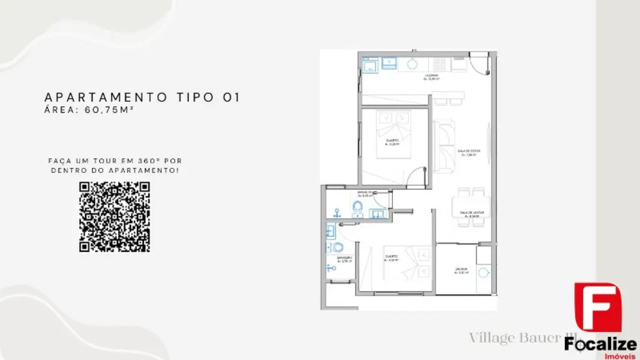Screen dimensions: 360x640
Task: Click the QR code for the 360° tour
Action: (115, 217)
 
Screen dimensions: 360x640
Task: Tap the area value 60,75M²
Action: (110, 110)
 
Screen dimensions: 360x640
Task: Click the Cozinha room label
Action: (431, 76)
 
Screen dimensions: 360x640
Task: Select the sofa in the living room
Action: (445, 145)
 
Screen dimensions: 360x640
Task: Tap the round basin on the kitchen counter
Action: (412, 64)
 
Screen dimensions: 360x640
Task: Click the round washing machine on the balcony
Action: (483, 272)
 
